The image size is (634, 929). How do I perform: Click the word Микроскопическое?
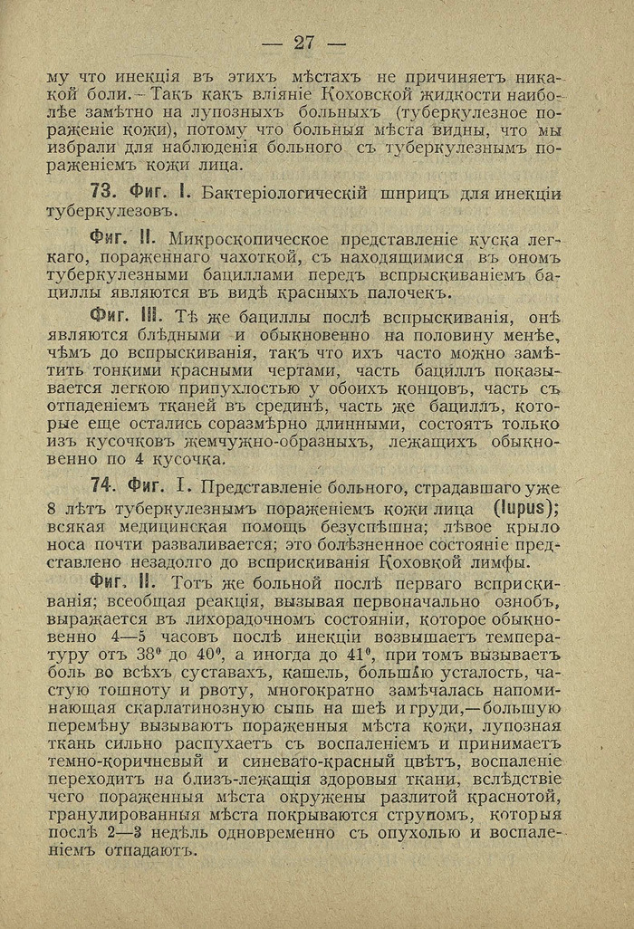(263, 239)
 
